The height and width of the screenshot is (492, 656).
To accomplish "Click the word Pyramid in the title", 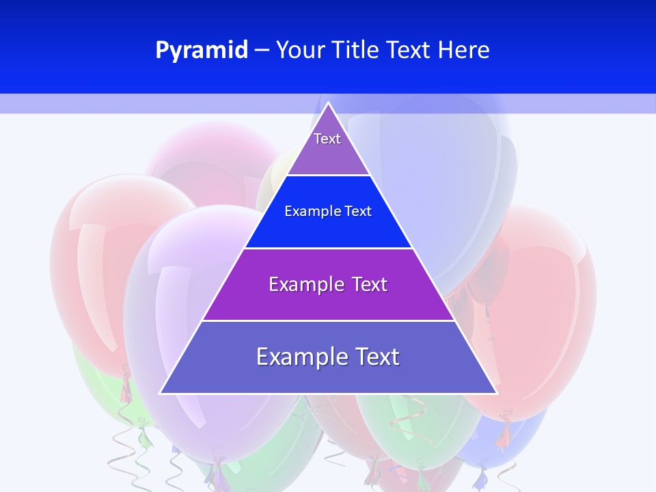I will pos(201,51).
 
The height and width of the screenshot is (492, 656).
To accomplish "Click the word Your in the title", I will pos(301,51).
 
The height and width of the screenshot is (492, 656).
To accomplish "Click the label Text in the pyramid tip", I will pos(327,139).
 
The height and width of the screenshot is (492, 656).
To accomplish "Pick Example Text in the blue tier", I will pos(328,211).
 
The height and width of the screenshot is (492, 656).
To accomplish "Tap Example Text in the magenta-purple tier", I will pos(328,284).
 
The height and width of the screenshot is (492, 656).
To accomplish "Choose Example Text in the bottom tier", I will pos(328,357).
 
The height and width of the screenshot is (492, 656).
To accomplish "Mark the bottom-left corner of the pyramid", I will pos(161,393).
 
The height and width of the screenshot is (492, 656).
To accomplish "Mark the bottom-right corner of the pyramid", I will pos(496,393).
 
